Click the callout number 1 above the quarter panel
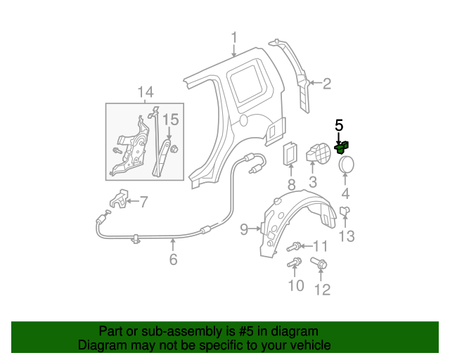click(x=234, y=39)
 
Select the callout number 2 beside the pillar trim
click(x=326, y=84)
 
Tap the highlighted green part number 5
click(x=342, y=147)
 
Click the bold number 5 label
click(x=339, y=126)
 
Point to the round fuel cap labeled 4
click(x=345, y=165)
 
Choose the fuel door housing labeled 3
click(x=316, y=153)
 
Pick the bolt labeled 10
click(x=295, y=263)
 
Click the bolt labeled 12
click(x=318, y=265)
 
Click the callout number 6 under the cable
click(x=173, y=259)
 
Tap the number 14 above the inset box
click(x=145, y=92)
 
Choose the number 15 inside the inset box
click(x=172, y=120)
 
